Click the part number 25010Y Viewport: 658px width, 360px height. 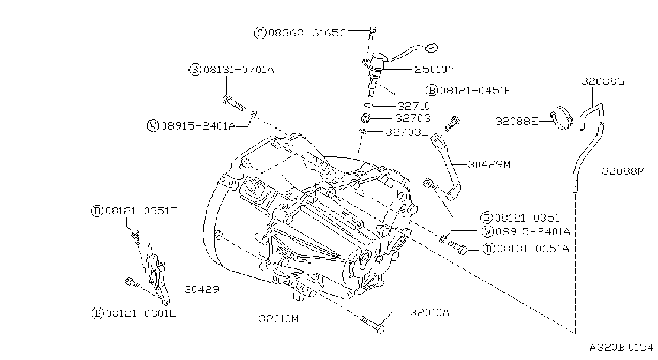click(434, 70)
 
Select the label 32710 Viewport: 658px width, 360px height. click(414, 106)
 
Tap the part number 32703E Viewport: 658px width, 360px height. click(406, 132)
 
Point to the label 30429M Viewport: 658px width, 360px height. click(489, 164)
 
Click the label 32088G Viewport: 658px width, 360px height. click(603, 81)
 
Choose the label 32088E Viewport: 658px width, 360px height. click(517, 121)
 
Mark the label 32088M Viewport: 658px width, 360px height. click(623, 171)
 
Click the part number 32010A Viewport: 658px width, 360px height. click(430, 312)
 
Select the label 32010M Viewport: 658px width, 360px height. click(278, 319)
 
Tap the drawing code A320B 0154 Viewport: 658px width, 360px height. click(621, 348)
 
